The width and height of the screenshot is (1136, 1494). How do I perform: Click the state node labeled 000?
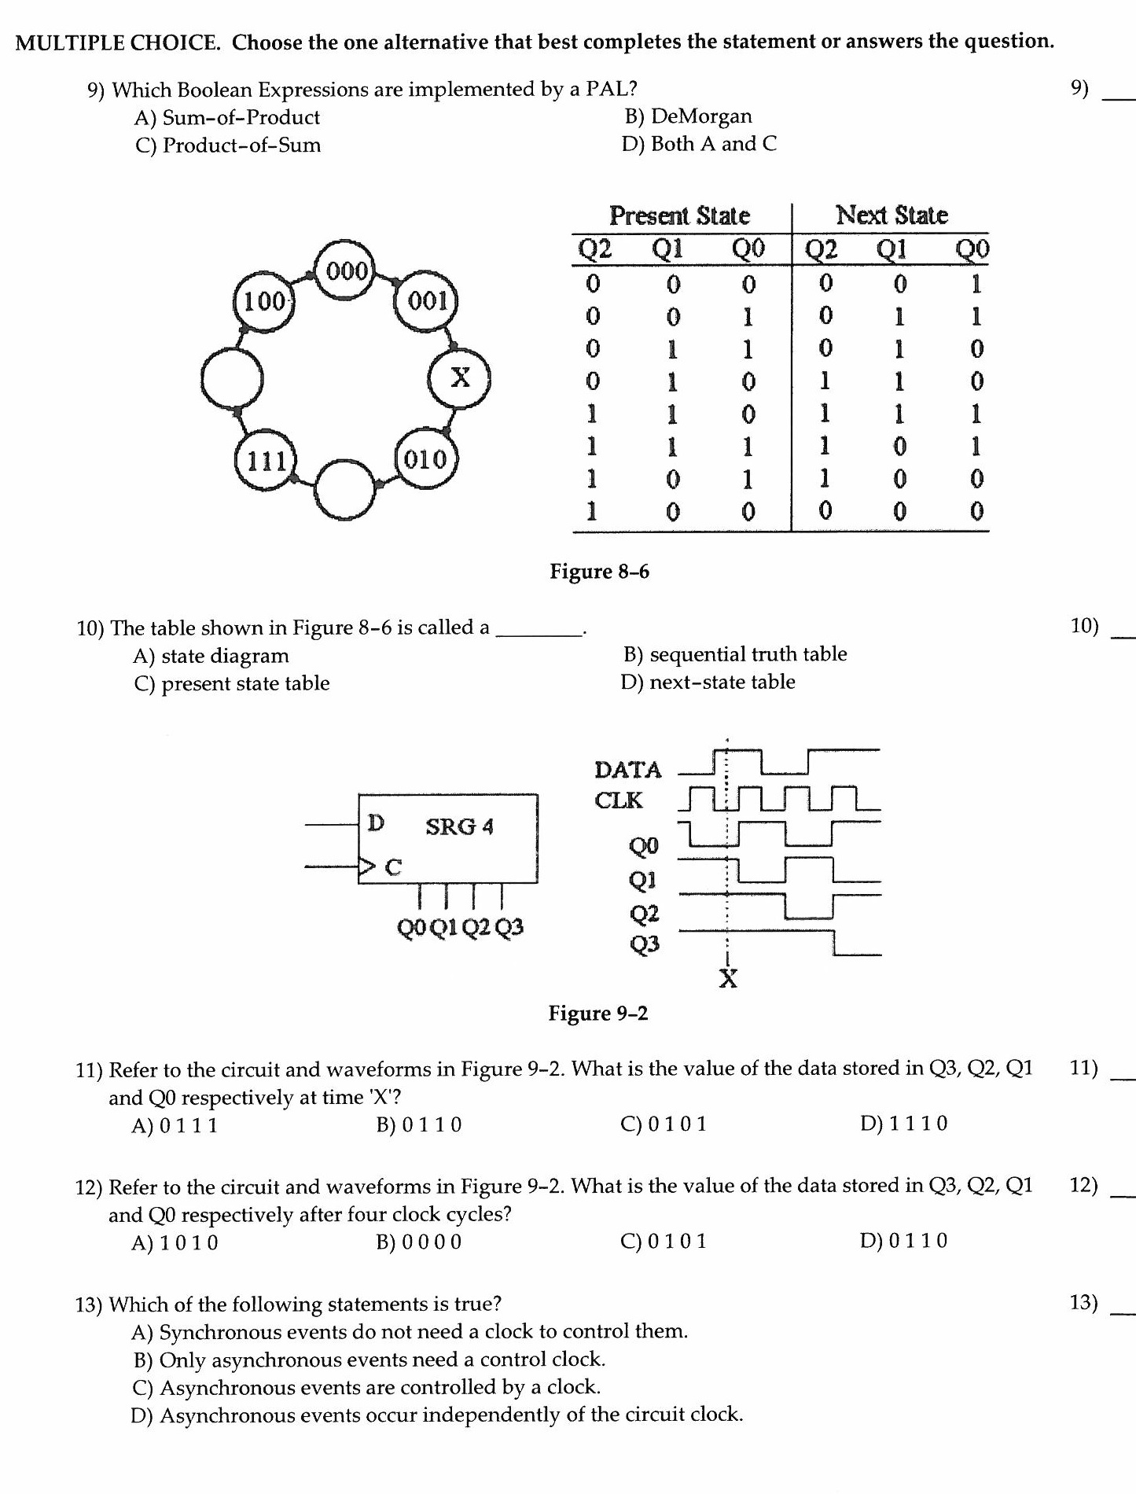[347, 272]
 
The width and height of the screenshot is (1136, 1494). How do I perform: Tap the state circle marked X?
[460, 377]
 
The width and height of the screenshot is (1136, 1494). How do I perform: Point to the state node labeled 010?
[425, 459]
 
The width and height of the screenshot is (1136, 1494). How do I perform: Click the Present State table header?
[679, 215]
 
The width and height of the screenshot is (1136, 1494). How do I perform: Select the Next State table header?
[892, 215]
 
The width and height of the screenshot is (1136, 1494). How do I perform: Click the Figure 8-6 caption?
[599, 572]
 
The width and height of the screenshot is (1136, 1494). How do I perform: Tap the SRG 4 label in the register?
[459, 826]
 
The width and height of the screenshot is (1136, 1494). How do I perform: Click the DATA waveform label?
[627, 769]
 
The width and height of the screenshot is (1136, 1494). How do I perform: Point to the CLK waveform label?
[618, 800]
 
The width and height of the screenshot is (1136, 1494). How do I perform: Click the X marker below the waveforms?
[729, 979]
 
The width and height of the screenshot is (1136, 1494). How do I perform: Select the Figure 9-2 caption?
[598, 1014]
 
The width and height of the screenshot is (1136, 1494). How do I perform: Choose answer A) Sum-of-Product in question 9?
[227, 118]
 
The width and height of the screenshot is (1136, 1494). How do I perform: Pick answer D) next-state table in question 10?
[708, 682]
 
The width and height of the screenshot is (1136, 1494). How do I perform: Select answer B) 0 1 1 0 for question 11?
[419, 1125]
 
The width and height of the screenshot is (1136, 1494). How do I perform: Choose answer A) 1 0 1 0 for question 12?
[175, 1243]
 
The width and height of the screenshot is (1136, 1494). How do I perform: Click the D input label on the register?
[377, 822]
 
